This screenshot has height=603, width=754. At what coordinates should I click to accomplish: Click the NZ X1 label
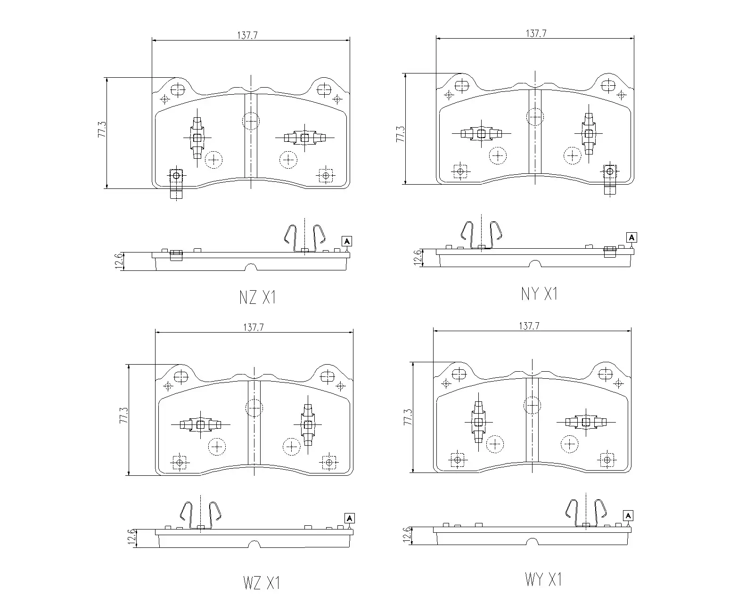[257, 297]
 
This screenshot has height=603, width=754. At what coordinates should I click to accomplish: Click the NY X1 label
[539, 294]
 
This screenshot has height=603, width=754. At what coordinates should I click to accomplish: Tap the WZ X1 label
[262, 583]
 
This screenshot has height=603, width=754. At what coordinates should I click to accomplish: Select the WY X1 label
[543, 579]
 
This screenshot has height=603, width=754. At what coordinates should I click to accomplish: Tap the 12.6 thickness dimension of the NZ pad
[118, 261]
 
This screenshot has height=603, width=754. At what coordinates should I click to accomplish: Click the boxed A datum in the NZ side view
[347, 241]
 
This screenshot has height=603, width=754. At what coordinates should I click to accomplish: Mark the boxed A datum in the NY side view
[631, 237]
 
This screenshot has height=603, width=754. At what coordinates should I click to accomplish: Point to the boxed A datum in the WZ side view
[349, 519]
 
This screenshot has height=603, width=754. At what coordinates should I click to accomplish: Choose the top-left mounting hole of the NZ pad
[178, 89]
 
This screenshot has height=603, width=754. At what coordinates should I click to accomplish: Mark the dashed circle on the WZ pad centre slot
[254, 407]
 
